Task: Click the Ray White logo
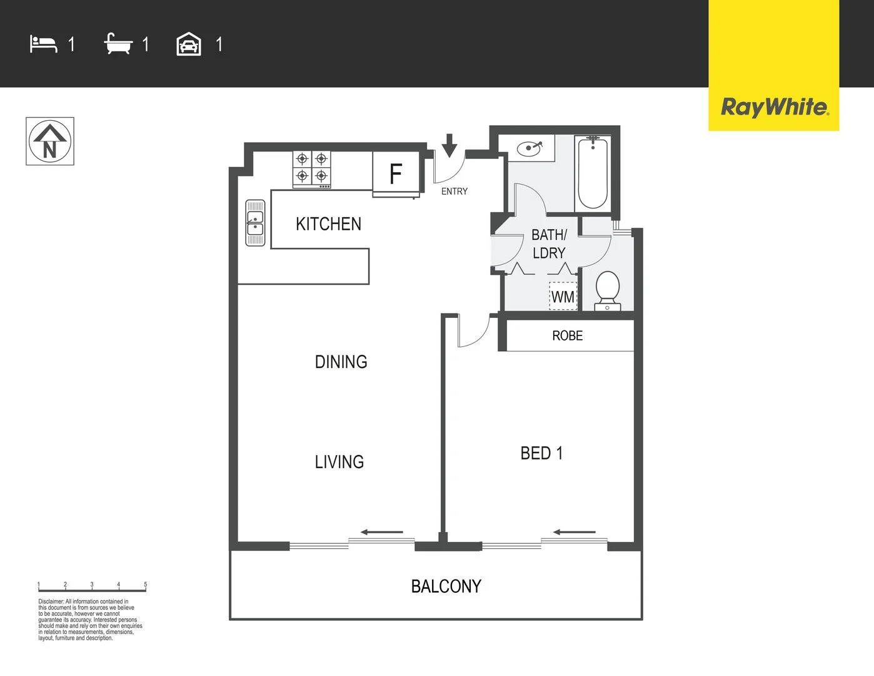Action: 774,107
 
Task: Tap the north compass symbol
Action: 50,141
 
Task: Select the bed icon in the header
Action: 43,44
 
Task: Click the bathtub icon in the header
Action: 118,44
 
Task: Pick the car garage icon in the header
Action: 189,44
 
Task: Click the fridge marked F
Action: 396,173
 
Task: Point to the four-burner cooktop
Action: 312,169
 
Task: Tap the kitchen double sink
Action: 255,223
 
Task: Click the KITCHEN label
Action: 328,224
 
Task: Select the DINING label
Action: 341,362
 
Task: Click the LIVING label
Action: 339,462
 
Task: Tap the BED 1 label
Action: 541,453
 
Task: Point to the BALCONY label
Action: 446,586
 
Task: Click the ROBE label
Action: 567,336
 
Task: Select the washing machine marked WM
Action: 563,297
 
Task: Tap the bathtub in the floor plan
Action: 593,173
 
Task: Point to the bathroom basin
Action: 530,149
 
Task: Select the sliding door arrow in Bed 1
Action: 574,533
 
